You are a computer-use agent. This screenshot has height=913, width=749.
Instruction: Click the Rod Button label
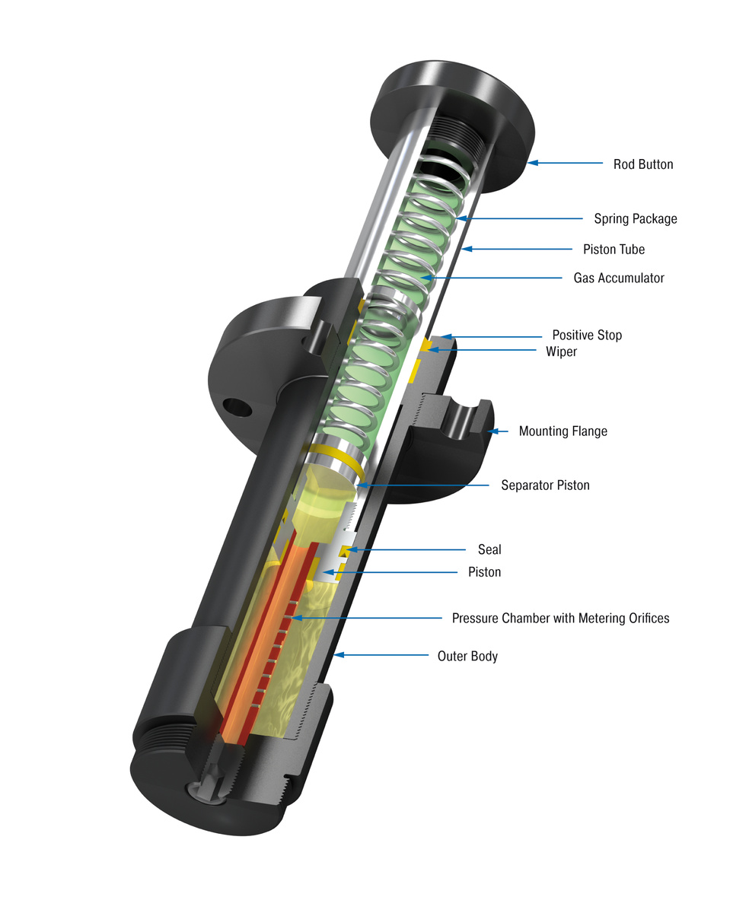pos(643,164)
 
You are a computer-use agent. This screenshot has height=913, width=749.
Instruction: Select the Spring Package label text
pos(635,219)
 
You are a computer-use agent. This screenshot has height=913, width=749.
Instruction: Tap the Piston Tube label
pos(614,250)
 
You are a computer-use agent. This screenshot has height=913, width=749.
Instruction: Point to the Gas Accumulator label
pos(618,278)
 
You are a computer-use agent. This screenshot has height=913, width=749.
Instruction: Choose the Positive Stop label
pos(586,336)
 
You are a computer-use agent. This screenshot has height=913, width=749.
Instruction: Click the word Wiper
pos(561,352)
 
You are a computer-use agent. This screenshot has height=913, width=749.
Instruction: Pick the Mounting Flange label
pos(563,431)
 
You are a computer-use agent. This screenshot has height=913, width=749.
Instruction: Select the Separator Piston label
pos(545,485)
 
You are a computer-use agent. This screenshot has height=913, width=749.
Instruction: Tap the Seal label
pos(489,549)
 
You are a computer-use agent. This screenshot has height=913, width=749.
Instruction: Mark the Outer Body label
pos(467,656)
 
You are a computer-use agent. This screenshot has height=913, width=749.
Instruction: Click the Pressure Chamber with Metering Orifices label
pos(560,619)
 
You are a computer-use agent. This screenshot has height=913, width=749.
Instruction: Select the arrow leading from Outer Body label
pos(381,655)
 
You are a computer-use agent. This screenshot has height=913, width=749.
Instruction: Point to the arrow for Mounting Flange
pos(498,431)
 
